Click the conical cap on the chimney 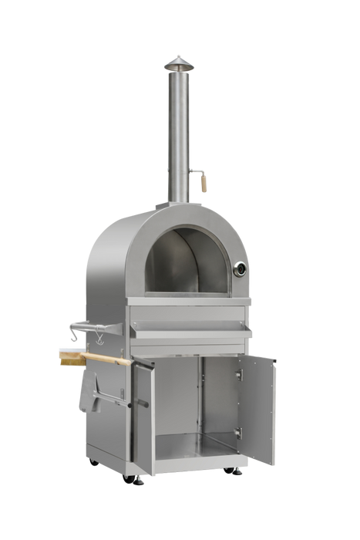coord(179,62)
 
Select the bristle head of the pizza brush coord(70,356)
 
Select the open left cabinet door coord(143,417)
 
